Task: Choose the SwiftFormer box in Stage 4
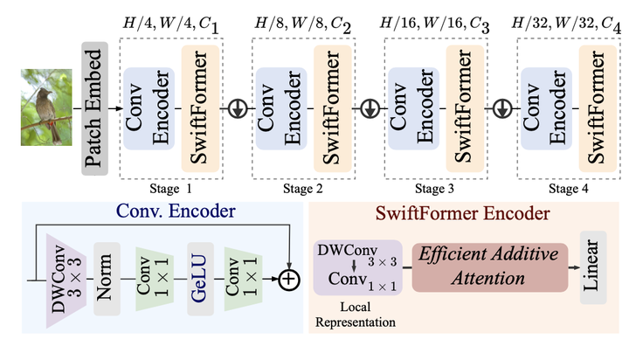click(596, 107)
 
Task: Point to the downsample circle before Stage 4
click(501, 108)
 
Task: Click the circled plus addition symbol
click(287, 280)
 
